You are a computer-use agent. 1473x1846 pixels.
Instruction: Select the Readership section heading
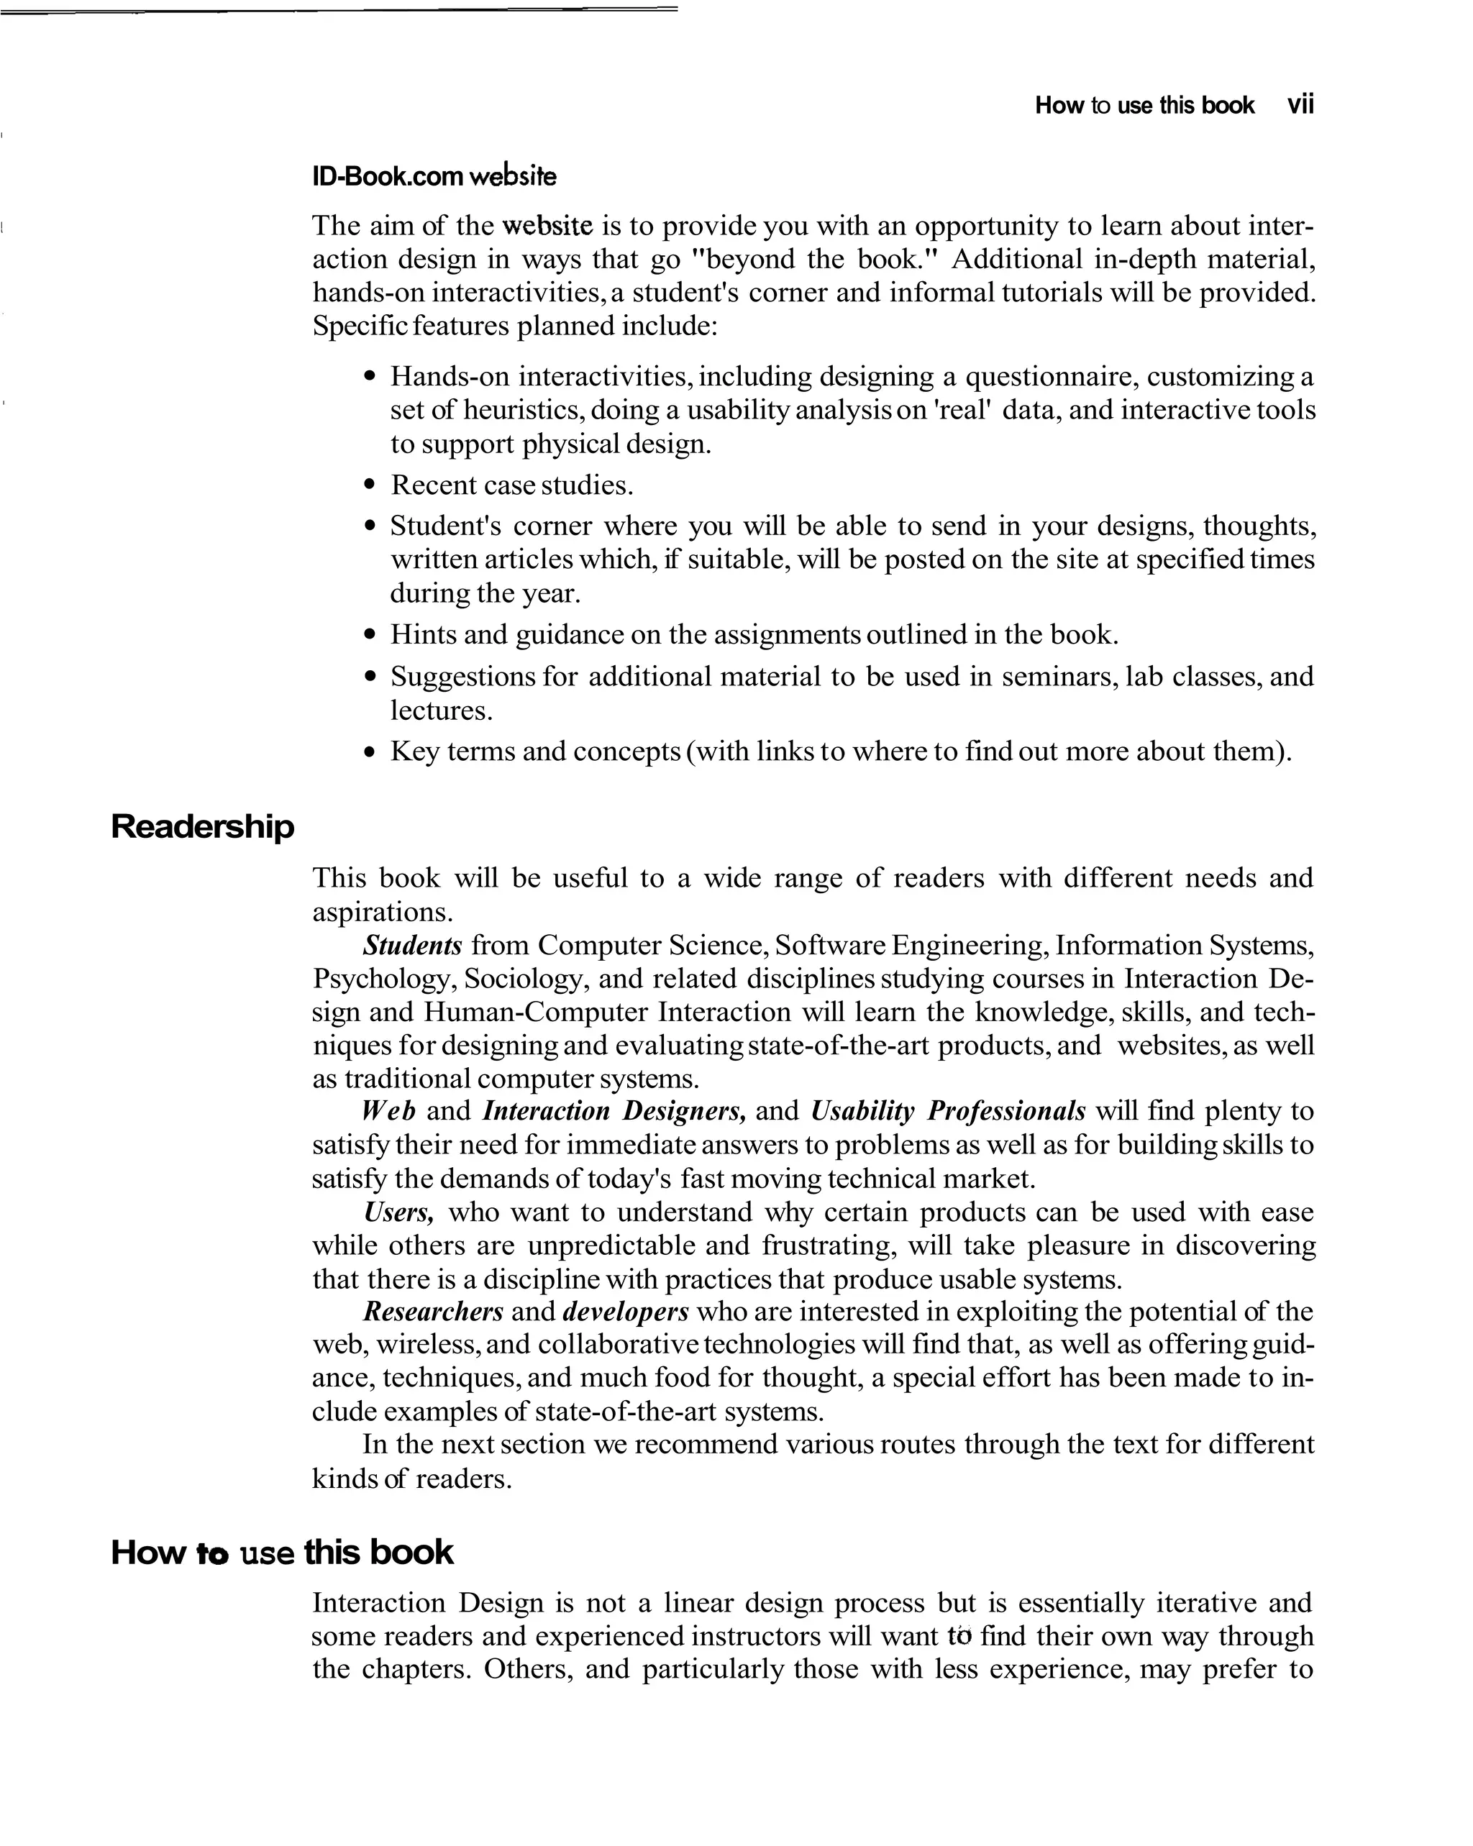[202, 827]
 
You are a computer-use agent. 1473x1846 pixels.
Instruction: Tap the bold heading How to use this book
[282, 1553]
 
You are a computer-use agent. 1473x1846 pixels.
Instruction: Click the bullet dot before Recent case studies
[369, 486]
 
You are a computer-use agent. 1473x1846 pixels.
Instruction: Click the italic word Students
[412, 945]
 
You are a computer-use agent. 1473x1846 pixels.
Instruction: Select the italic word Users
[398, 1212]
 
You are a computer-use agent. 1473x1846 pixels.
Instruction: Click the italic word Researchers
[432, 1312]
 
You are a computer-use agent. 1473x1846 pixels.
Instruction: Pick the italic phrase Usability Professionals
[947, 1111]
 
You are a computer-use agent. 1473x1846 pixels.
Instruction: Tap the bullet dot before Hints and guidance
[369, 635]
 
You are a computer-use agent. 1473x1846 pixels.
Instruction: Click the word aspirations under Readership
[381, 912]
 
